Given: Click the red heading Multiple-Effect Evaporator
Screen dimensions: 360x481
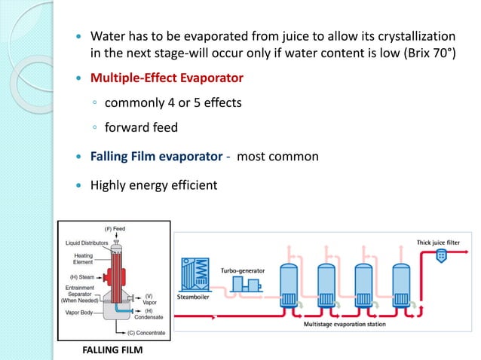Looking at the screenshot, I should (x=167, y=78).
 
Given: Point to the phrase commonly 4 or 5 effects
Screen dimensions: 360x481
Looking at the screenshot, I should (x=173, y=102).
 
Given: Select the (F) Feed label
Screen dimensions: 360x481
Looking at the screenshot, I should (x=115, y=227).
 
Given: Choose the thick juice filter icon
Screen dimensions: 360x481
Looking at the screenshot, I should (x=441, y=255).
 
